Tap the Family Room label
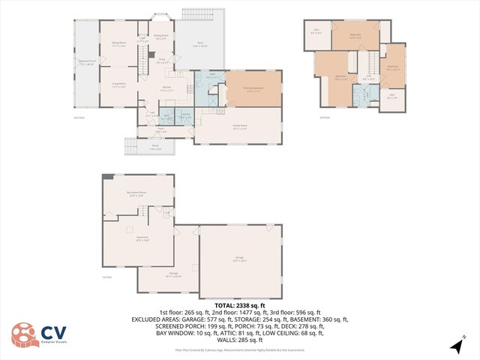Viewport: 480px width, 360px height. (239, 128)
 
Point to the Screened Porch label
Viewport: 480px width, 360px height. (86, 62)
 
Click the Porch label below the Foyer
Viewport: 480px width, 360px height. (154, 148)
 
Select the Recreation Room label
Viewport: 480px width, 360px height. (136, 193)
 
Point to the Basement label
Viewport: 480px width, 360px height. (142, 239)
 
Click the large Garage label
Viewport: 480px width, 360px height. (240, 259)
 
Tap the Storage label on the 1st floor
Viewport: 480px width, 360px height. (173, 275)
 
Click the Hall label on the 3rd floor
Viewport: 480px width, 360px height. (369, 77)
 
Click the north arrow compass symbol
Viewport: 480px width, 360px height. (455, 346)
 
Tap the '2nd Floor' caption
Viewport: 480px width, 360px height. (78, 118)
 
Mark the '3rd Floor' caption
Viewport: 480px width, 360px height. (325, 117)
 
